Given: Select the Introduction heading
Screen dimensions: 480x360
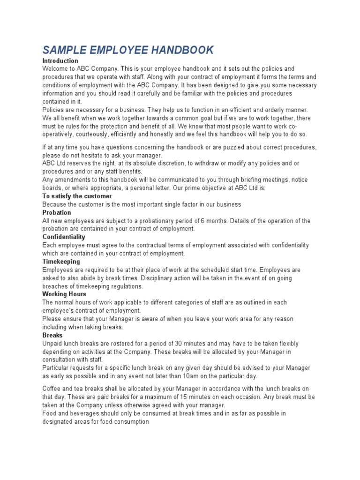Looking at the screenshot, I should coord(60,61).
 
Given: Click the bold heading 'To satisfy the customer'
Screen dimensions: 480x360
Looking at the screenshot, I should coord(77,196).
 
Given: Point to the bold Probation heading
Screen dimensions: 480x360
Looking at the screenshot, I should coord(57,212).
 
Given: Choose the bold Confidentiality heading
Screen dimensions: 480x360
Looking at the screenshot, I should coord(64,237).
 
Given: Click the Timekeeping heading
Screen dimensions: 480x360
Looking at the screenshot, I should coord(61,262).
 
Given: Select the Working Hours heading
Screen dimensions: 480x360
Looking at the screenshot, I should coord(64,294).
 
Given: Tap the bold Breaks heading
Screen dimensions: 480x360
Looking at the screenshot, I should coord(52,335).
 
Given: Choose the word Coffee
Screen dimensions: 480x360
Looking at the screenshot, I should coord(52,389).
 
